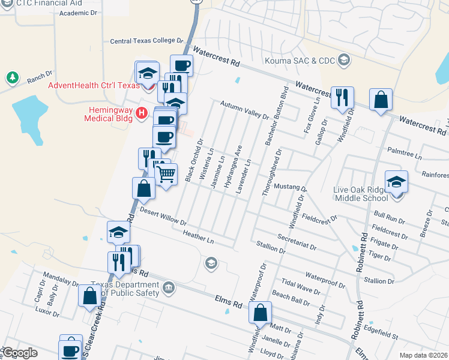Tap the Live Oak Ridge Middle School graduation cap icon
396,181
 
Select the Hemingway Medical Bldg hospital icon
142,112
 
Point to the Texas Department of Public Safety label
125,289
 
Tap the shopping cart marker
166,175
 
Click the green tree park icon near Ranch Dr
11,78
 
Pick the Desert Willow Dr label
163,216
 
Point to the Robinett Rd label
363,252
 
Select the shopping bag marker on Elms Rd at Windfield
261,313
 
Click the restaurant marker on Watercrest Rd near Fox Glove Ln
342,97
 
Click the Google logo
19,353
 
